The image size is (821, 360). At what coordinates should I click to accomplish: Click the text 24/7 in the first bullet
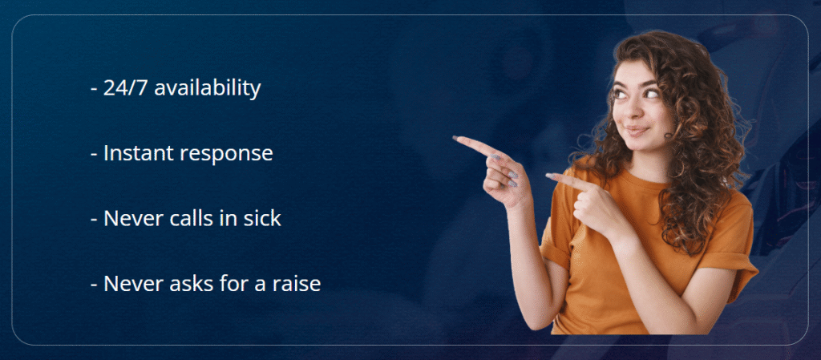[x=126, y=88]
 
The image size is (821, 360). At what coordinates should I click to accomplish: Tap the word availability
[x=208, y=88]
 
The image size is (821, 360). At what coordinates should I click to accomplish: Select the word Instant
[x=138, y=153]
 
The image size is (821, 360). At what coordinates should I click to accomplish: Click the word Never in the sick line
[x=134, y=219]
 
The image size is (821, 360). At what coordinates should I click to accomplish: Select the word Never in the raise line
[x=134, y=284]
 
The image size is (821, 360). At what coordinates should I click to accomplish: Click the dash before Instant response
[x=95, y=156]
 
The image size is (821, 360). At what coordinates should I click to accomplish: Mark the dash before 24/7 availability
[x=95, y=90]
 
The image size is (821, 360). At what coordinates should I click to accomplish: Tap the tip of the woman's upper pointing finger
[x=455, y=138]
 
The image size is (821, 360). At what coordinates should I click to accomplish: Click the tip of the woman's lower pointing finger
[x=548, y=176]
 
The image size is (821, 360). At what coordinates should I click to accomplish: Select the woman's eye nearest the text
[x=621, y=95]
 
